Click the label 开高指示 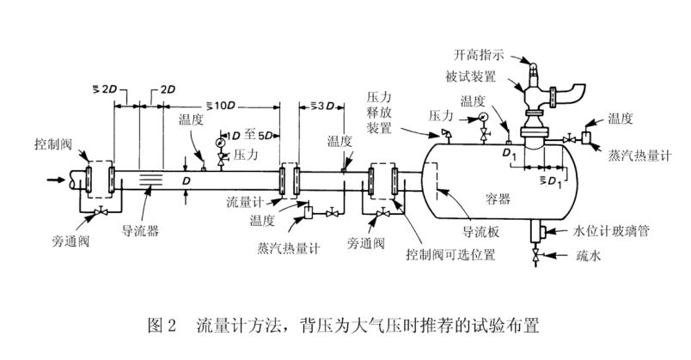tap(479, 55)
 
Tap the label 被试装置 tap(471, 76)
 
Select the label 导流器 tap(140, 231)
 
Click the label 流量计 tap(245, 202)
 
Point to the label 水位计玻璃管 tap(611, 231)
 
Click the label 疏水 tap(589, 256)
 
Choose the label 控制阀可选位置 tap(450, 254)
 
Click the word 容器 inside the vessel tap(498, 199)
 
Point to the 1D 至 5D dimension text tap(249, 135)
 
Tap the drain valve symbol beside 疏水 tap(536, 255)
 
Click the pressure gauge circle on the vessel tap(483, 117)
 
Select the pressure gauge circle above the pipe tap(220, 143)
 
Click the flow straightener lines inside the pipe tap(150, 180)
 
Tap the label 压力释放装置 tap(379, 113)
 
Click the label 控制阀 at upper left tap(53, 144)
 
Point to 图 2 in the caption tap(162, 326)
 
